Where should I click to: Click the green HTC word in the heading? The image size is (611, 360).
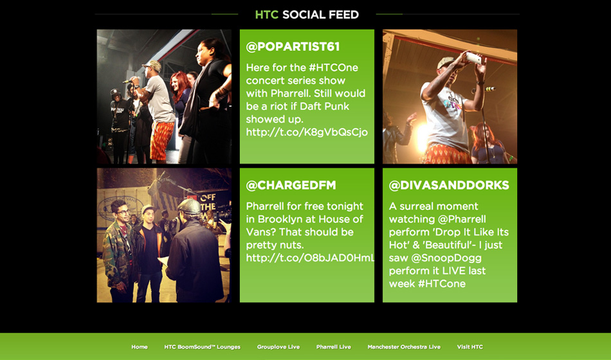coord(266,15)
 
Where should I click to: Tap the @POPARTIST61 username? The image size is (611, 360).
coord(293,47)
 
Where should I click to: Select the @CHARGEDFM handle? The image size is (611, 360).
coord(291,185)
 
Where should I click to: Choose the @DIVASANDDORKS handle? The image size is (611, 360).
coord(449,185)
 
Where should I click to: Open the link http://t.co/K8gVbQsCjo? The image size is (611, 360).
coord(307,132)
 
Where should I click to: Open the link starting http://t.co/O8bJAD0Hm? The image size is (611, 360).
coord(310,258)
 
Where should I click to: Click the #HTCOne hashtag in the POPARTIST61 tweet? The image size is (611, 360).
coord(333,67)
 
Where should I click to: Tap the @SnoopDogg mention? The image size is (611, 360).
coord(435,258)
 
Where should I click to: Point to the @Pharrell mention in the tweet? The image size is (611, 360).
coord(462,219)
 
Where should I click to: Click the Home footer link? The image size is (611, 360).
coord(140,346)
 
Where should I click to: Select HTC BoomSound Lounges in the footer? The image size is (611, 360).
coord(202,346)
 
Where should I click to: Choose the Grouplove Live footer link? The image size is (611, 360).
coord(278,346)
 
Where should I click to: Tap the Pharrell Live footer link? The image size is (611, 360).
coord(334,346)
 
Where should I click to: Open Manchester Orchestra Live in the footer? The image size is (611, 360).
coord(404,346)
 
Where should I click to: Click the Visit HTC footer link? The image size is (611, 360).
coord(470,346)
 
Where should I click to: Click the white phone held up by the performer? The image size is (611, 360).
coord(474,59)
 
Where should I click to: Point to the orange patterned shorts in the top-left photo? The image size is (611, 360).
coord(161,140)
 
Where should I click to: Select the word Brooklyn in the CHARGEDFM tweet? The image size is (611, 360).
coord(281,219)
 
